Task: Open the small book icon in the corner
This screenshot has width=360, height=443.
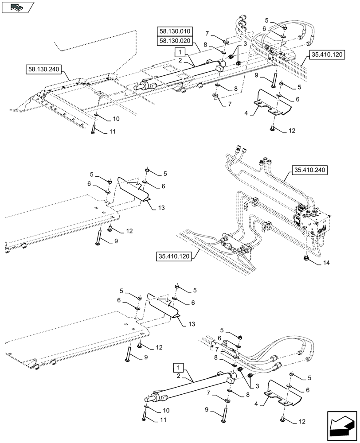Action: click(x=17, y=7)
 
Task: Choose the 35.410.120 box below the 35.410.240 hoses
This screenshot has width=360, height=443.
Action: click(x=173, y=256)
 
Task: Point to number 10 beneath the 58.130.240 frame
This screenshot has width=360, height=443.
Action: click(x=115, y=119)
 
